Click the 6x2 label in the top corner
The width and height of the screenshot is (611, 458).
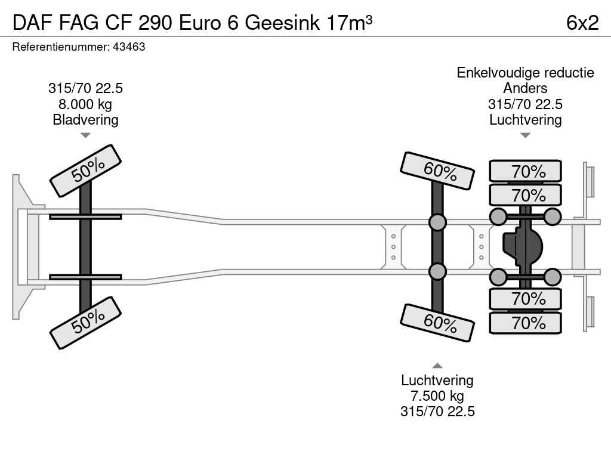click(582, 22)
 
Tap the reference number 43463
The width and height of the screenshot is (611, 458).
click(128, 47)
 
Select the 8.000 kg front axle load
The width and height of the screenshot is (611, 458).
click(85, 104)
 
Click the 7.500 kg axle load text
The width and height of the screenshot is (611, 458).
click(437, 396)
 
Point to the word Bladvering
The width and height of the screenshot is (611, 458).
click(85, 120)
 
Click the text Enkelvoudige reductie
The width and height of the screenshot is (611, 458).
click(525, 73)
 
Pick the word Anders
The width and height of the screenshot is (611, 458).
click(525, 88)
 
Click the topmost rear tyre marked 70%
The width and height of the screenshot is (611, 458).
click(526, 171)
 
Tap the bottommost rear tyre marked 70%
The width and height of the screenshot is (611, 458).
click(526, 323)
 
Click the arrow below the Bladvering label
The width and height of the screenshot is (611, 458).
click(85, 135)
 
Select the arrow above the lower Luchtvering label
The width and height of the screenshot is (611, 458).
click(437, 366)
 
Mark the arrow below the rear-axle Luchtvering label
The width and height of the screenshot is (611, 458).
click(525, 135)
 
